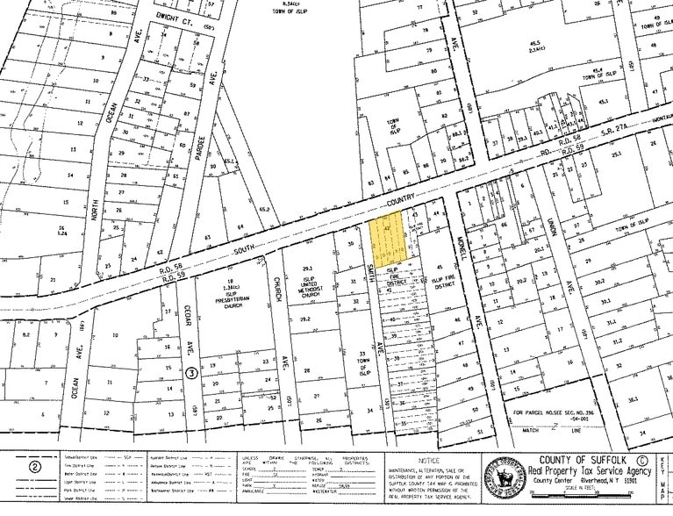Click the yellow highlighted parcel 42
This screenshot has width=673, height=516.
386,233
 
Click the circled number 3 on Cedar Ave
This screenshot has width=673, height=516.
190,372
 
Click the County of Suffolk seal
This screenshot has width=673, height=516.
505,477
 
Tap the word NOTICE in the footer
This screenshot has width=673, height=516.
430,461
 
